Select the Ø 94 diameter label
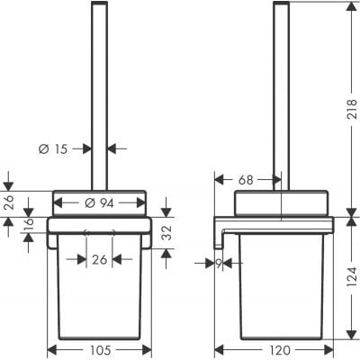[98, 201]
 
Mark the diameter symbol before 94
[89, 201]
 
